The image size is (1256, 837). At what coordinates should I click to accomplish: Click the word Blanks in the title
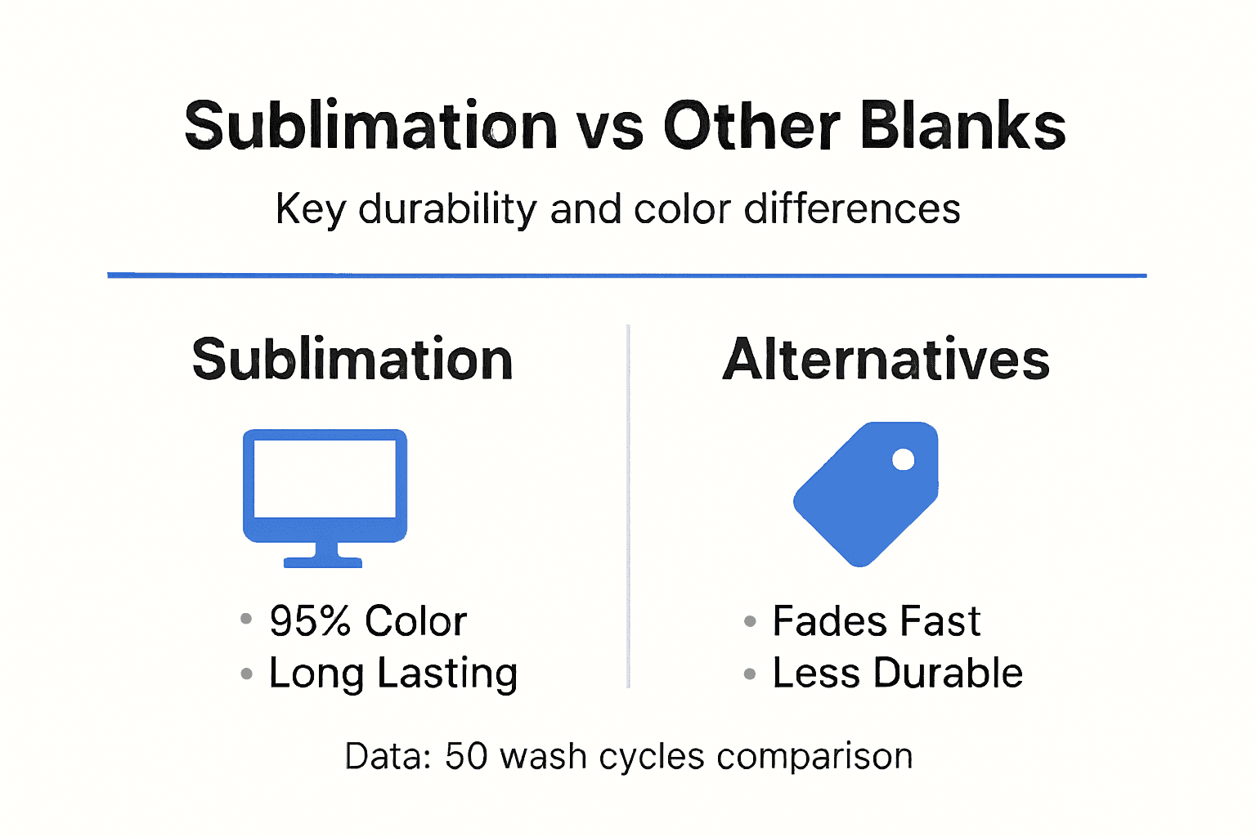962,126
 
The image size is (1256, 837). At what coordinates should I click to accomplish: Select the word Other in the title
751,126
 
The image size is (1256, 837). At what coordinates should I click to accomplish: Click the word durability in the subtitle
447,209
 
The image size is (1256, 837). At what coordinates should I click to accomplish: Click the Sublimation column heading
352,360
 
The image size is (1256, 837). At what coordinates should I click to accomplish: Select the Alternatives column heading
886,360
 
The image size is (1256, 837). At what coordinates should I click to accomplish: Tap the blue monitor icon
325,486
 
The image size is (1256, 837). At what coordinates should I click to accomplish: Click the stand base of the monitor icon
323,562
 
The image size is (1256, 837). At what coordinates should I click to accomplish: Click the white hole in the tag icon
903,459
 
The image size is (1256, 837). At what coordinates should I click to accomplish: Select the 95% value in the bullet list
310,621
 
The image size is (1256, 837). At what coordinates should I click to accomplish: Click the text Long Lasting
393,674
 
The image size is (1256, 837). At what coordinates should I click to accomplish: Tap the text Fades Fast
876,621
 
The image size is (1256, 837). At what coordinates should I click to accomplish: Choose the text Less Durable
897,674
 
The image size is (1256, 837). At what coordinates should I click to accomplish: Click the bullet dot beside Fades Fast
750,621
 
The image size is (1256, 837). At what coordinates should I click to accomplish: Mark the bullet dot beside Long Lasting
246,674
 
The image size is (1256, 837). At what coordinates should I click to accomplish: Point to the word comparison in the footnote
814,757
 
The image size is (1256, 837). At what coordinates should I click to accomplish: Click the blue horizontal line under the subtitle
626,275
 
